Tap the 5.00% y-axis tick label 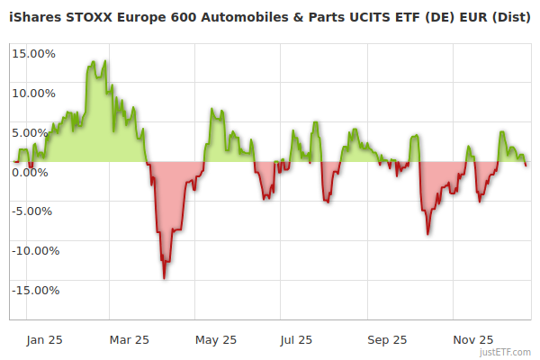click(x=37, y=132)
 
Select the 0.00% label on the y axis click(x=37, y=172)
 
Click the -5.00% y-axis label click(x=34, y=211)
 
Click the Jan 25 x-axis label click(x=44, y=339)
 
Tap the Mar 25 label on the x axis click(x=130, y=339)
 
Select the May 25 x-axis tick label click(x=216, y=339)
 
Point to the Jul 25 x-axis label click(x=297, y=339)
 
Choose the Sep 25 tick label click(x=388, y=339)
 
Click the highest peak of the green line click(x=105, y=61)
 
